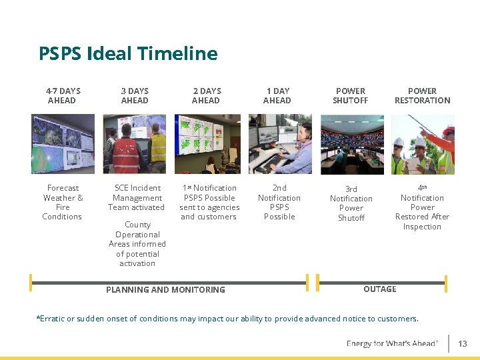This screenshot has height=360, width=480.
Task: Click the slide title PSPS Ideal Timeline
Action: tap(128, 53)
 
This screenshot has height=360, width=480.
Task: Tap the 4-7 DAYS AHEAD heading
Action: tap(63, 95)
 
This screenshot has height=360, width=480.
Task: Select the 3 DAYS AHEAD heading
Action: tap(135, 95)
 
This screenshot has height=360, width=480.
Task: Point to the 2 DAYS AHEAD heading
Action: tap(206, 95)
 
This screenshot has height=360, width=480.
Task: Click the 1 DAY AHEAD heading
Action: tap(277, 95)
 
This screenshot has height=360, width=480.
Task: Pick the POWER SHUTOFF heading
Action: tap(351, 95)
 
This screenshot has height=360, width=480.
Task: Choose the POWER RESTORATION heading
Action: tap(422, 95)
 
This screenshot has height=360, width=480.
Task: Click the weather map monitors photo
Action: tap(63, 144)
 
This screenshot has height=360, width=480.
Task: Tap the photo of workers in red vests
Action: tap(135, 144)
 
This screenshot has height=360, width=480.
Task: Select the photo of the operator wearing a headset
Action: tap(280, 144)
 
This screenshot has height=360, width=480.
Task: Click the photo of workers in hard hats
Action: tap(423, 144)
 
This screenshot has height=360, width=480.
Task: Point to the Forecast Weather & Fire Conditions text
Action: tap(63, 202)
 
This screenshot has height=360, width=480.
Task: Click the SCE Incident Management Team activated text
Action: tap(137, 197)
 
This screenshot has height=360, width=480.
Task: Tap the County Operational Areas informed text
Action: tap(137, 244)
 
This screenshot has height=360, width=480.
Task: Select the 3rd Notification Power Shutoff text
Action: tap(351, 203)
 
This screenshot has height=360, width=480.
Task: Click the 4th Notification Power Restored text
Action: tap(422, 207)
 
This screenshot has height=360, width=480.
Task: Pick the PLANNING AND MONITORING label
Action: tap(165, 289)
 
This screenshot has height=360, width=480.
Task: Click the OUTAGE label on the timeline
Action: tap(380, 289)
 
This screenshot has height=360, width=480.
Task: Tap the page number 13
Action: tap(463, 344)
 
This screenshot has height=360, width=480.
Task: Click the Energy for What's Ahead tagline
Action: tap(392, 343)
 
